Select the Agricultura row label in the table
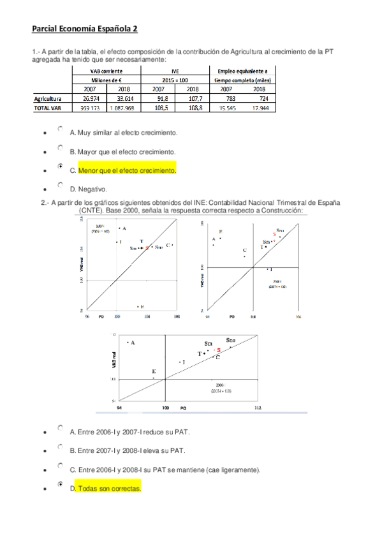[x=47, y=99]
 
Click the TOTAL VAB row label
[x=48, y=108]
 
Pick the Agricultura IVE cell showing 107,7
[x=196, y=99]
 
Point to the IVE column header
[x=179, y=71]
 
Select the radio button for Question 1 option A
[x=60, y=129]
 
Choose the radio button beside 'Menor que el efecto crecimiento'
[x=60, y=167]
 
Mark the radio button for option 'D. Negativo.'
[x=60, y=185]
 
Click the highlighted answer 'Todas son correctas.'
[x=110, y=489]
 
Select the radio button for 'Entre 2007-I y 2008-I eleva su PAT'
[x=60, y=447]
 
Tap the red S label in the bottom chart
[x=219, y=350]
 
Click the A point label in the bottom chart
[x=133, y=343]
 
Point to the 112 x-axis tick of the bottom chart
[x=256, y=406]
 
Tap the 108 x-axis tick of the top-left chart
[x=177, y=316]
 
